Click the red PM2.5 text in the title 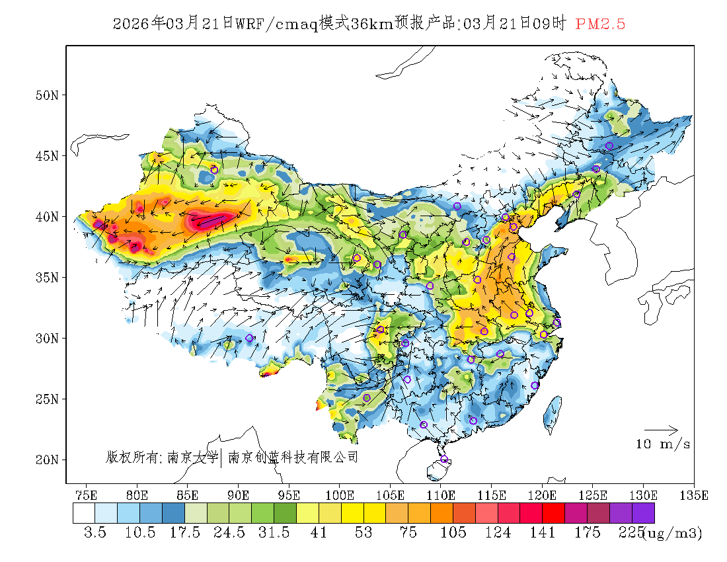tap(600, 24)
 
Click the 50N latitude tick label tap(47, 95)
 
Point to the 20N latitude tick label tap(47, 460)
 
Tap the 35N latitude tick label tap(47, 278)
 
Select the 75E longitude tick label tap(87, 495)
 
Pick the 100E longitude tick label tap(340, 495)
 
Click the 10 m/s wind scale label tap(663, 444)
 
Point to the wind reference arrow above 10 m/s tap(661, 430)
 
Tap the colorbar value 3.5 tap(95, 533)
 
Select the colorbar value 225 tap(631, 533)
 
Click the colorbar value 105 tap(453, 533)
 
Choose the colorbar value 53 tap(363, 533)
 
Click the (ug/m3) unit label tap(672, 533)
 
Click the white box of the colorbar tap(84, 513)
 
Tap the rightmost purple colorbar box tap(643, 513)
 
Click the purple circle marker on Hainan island tap(444, 460)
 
